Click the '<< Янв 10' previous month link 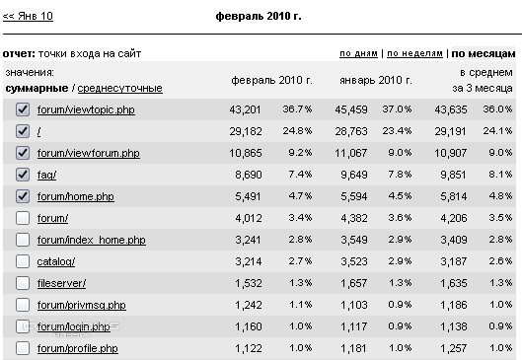28,16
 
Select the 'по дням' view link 358,53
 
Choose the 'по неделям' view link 414,53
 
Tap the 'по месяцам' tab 484,53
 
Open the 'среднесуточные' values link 119,88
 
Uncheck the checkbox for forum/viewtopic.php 23,109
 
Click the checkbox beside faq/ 23,175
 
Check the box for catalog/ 23,261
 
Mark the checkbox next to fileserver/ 23,283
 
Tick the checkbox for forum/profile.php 23,348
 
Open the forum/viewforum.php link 88,153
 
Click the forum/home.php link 76,196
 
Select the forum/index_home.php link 91,240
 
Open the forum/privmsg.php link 82,305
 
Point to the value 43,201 245,109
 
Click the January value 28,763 351,131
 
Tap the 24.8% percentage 297,131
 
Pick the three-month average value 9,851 453,175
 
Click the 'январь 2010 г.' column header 376,80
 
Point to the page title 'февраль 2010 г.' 259,16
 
